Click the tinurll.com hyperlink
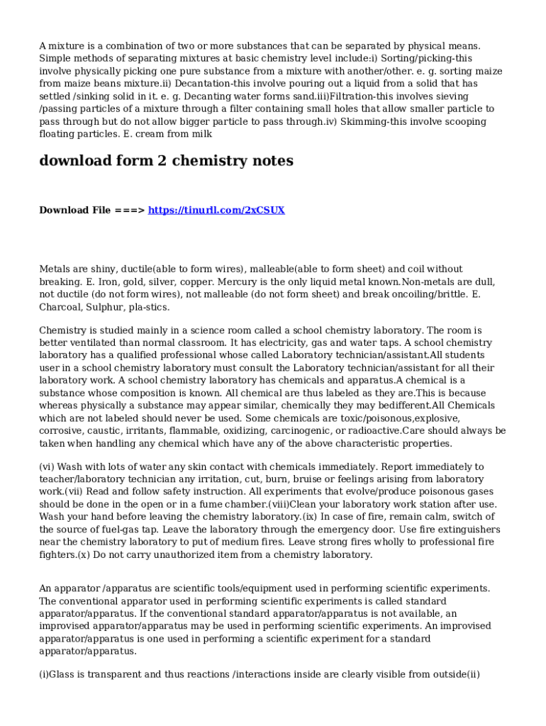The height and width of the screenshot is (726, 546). (x=216, y=210)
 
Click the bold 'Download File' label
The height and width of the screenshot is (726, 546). (x=74, y=210)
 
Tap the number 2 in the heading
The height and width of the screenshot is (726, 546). (x=158, y=161)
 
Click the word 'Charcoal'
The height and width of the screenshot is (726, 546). (x=62, y=308)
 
